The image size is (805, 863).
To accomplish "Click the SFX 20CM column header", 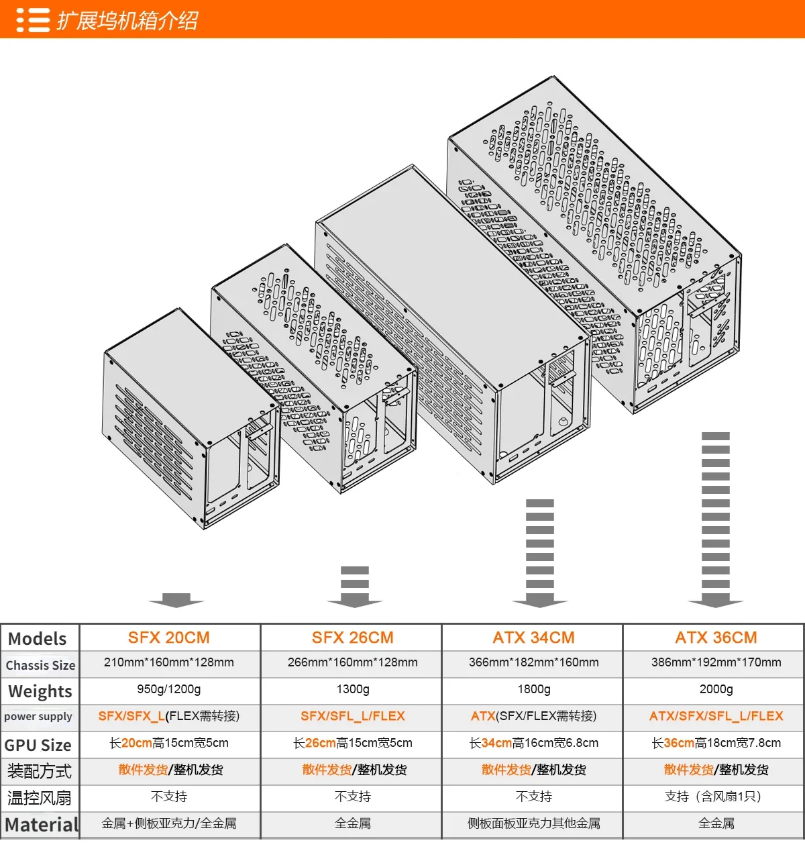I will pos(169,638).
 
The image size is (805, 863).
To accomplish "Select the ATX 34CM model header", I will pos(533,638).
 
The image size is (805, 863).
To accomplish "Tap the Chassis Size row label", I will pos(40,665).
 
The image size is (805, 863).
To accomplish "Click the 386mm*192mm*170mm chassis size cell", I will pos(716,662).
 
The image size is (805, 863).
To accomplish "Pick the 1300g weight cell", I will pos(352,689).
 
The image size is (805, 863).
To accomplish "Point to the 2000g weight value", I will pos(716,689).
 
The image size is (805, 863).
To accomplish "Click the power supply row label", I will pos(38,717).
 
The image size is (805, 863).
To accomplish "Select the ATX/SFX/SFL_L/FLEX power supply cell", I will pos(716,716).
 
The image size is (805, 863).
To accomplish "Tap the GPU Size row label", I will pos(38,745).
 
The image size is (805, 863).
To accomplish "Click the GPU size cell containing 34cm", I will pos(533,743).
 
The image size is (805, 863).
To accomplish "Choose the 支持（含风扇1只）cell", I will pos(716,797).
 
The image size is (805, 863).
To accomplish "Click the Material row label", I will pos(42,825).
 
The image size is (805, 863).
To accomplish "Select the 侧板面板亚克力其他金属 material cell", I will pos(533,823).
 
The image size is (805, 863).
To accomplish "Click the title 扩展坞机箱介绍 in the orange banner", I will pos(127,20).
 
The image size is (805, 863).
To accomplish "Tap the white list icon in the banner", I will pos(33,20).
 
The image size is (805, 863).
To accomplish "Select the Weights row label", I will pos(40,691).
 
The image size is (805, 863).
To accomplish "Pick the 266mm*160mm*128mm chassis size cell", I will pos(352,662).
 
